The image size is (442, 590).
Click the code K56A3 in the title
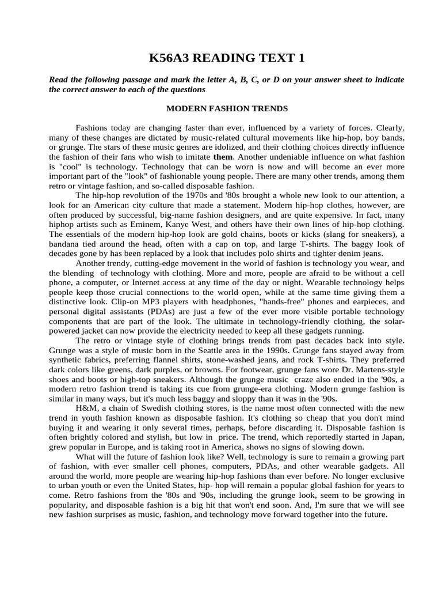(x=170, y=58)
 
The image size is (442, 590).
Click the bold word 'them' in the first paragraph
(x=222, y=156)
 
